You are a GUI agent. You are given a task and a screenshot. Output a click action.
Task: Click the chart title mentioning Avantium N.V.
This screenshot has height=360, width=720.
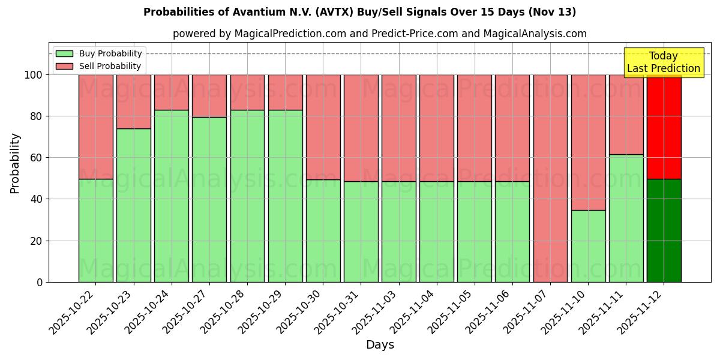[359, 12]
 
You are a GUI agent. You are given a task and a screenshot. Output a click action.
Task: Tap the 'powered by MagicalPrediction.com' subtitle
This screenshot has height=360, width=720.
[379, 34]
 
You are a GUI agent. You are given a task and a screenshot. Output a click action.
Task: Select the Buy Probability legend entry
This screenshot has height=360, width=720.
[99, 53]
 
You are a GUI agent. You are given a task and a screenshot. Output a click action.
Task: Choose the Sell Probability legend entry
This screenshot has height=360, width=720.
[99, 66]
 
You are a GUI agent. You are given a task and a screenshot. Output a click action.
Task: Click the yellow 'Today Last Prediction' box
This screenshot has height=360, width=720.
[663, 62]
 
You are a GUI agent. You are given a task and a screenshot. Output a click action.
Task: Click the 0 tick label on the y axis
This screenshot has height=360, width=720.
[40, 282]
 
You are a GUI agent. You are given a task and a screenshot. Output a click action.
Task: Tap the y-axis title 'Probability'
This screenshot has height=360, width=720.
[15, 163]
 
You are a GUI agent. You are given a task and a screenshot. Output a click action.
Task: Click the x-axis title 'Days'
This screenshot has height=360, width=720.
[380, 345]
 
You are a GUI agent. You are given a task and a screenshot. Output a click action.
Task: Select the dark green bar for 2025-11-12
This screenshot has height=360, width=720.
[664, 230]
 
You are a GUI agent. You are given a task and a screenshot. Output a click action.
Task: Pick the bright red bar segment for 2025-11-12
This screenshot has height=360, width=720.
[664, 127]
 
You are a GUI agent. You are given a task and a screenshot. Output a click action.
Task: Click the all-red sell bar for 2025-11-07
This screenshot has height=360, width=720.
[550, 178]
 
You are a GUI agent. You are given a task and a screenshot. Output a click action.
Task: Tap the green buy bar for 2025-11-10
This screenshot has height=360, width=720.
[588, 246]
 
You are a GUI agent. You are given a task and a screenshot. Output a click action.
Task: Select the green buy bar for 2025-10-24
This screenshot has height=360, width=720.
[172, 196]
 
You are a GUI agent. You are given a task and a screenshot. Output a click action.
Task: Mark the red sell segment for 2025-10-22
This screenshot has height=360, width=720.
[96, 127]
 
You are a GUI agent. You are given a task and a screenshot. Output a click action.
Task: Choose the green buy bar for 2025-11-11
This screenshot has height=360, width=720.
[626, 218]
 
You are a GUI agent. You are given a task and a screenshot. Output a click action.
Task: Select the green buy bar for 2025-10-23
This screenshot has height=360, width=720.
[134, 205]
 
